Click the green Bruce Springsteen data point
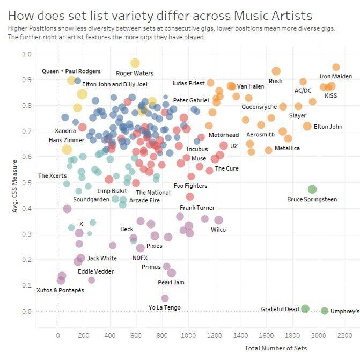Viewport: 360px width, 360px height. coord(312,189)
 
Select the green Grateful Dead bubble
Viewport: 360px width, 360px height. coord(305,308)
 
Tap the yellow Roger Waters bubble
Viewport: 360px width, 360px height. coord(135,63)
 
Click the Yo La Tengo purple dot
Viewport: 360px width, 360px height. coord(165,298)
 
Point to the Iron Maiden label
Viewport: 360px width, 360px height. coord(336,77)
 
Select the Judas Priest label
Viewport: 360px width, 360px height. coord(188,83)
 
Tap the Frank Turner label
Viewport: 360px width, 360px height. coord(196,208)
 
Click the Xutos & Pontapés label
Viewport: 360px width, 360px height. coord(60,290)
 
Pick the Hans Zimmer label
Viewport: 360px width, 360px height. coord(67,141)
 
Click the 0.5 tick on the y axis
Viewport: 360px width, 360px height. coord(27,183)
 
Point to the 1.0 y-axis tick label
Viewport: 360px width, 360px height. coord(27,55)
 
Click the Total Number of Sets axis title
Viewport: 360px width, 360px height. coord(276,348)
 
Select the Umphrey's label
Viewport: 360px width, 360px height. coord(345,311)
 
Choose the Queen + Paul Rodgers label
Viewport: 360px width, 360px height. coord(71,71)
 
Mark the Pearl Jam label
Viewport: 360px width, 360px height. coord(171,283)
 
